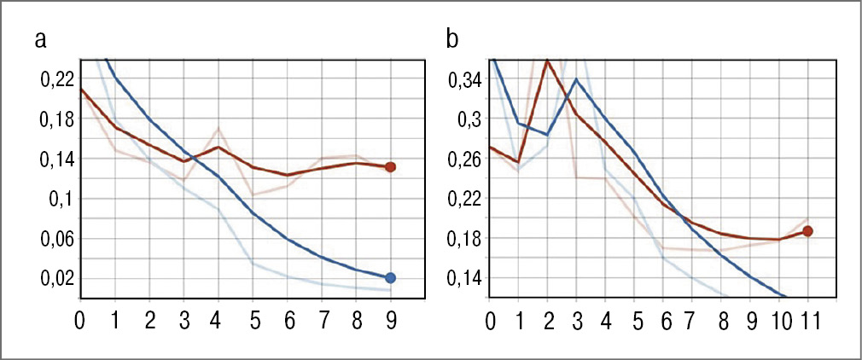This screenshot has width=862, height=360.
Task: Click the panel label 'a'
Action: tap(40, 39)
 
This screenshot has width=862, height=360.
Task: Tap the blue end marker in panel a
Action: tap(390, 277)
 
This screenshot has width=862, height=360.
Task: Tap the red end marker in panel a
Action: tap(390, 167)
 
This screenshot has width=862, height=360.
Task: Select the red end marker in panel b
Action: tap(807, 231)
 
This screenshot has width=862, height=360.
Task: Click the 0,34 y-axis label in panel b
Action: tap(465, 81)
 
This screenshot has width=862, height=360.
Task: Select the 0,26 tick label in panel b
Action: tap(465, 160)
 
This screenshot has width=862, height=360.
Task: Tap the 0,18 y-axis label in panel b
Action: tap(465, 239)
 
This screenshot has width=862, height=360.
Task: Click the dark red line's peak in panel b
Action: tap(547, 61)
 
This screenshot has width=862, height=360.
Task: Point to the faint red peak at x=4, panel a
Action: tap(218, 129)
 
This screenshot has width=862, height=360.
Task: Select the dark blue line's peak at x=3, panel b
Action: tap(577, 79)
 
